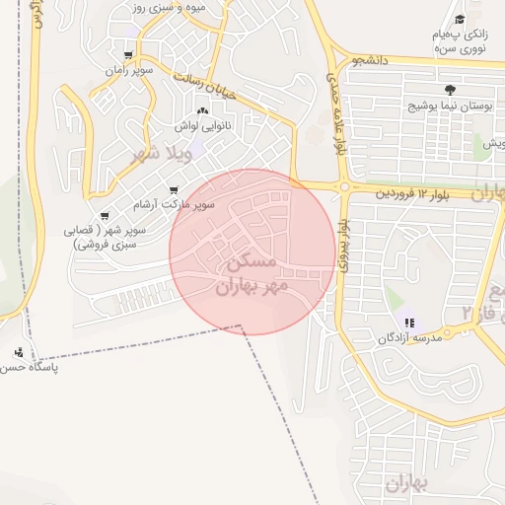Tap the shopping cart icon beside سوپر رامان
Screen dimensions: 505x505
pos(128,55)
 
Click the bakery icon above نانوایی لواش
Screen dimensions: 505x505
pos(202,111)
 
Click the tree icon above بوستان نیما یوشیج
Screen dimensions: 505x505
pos(451,89)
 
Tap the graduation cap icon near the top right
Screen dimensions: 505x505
pos(460,20)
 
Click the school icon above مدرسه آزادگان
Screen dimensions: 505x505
pos(408,322)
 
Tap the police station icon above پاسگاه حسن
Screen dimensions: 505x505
pos(19,352)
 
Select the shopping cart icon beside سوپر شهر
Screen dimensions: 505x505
pos(105,217)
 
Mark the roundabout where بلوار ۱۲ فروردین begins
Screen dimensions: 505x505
pos(344,186)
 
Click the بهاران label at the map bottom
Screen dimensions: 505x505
pos(403,483)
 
